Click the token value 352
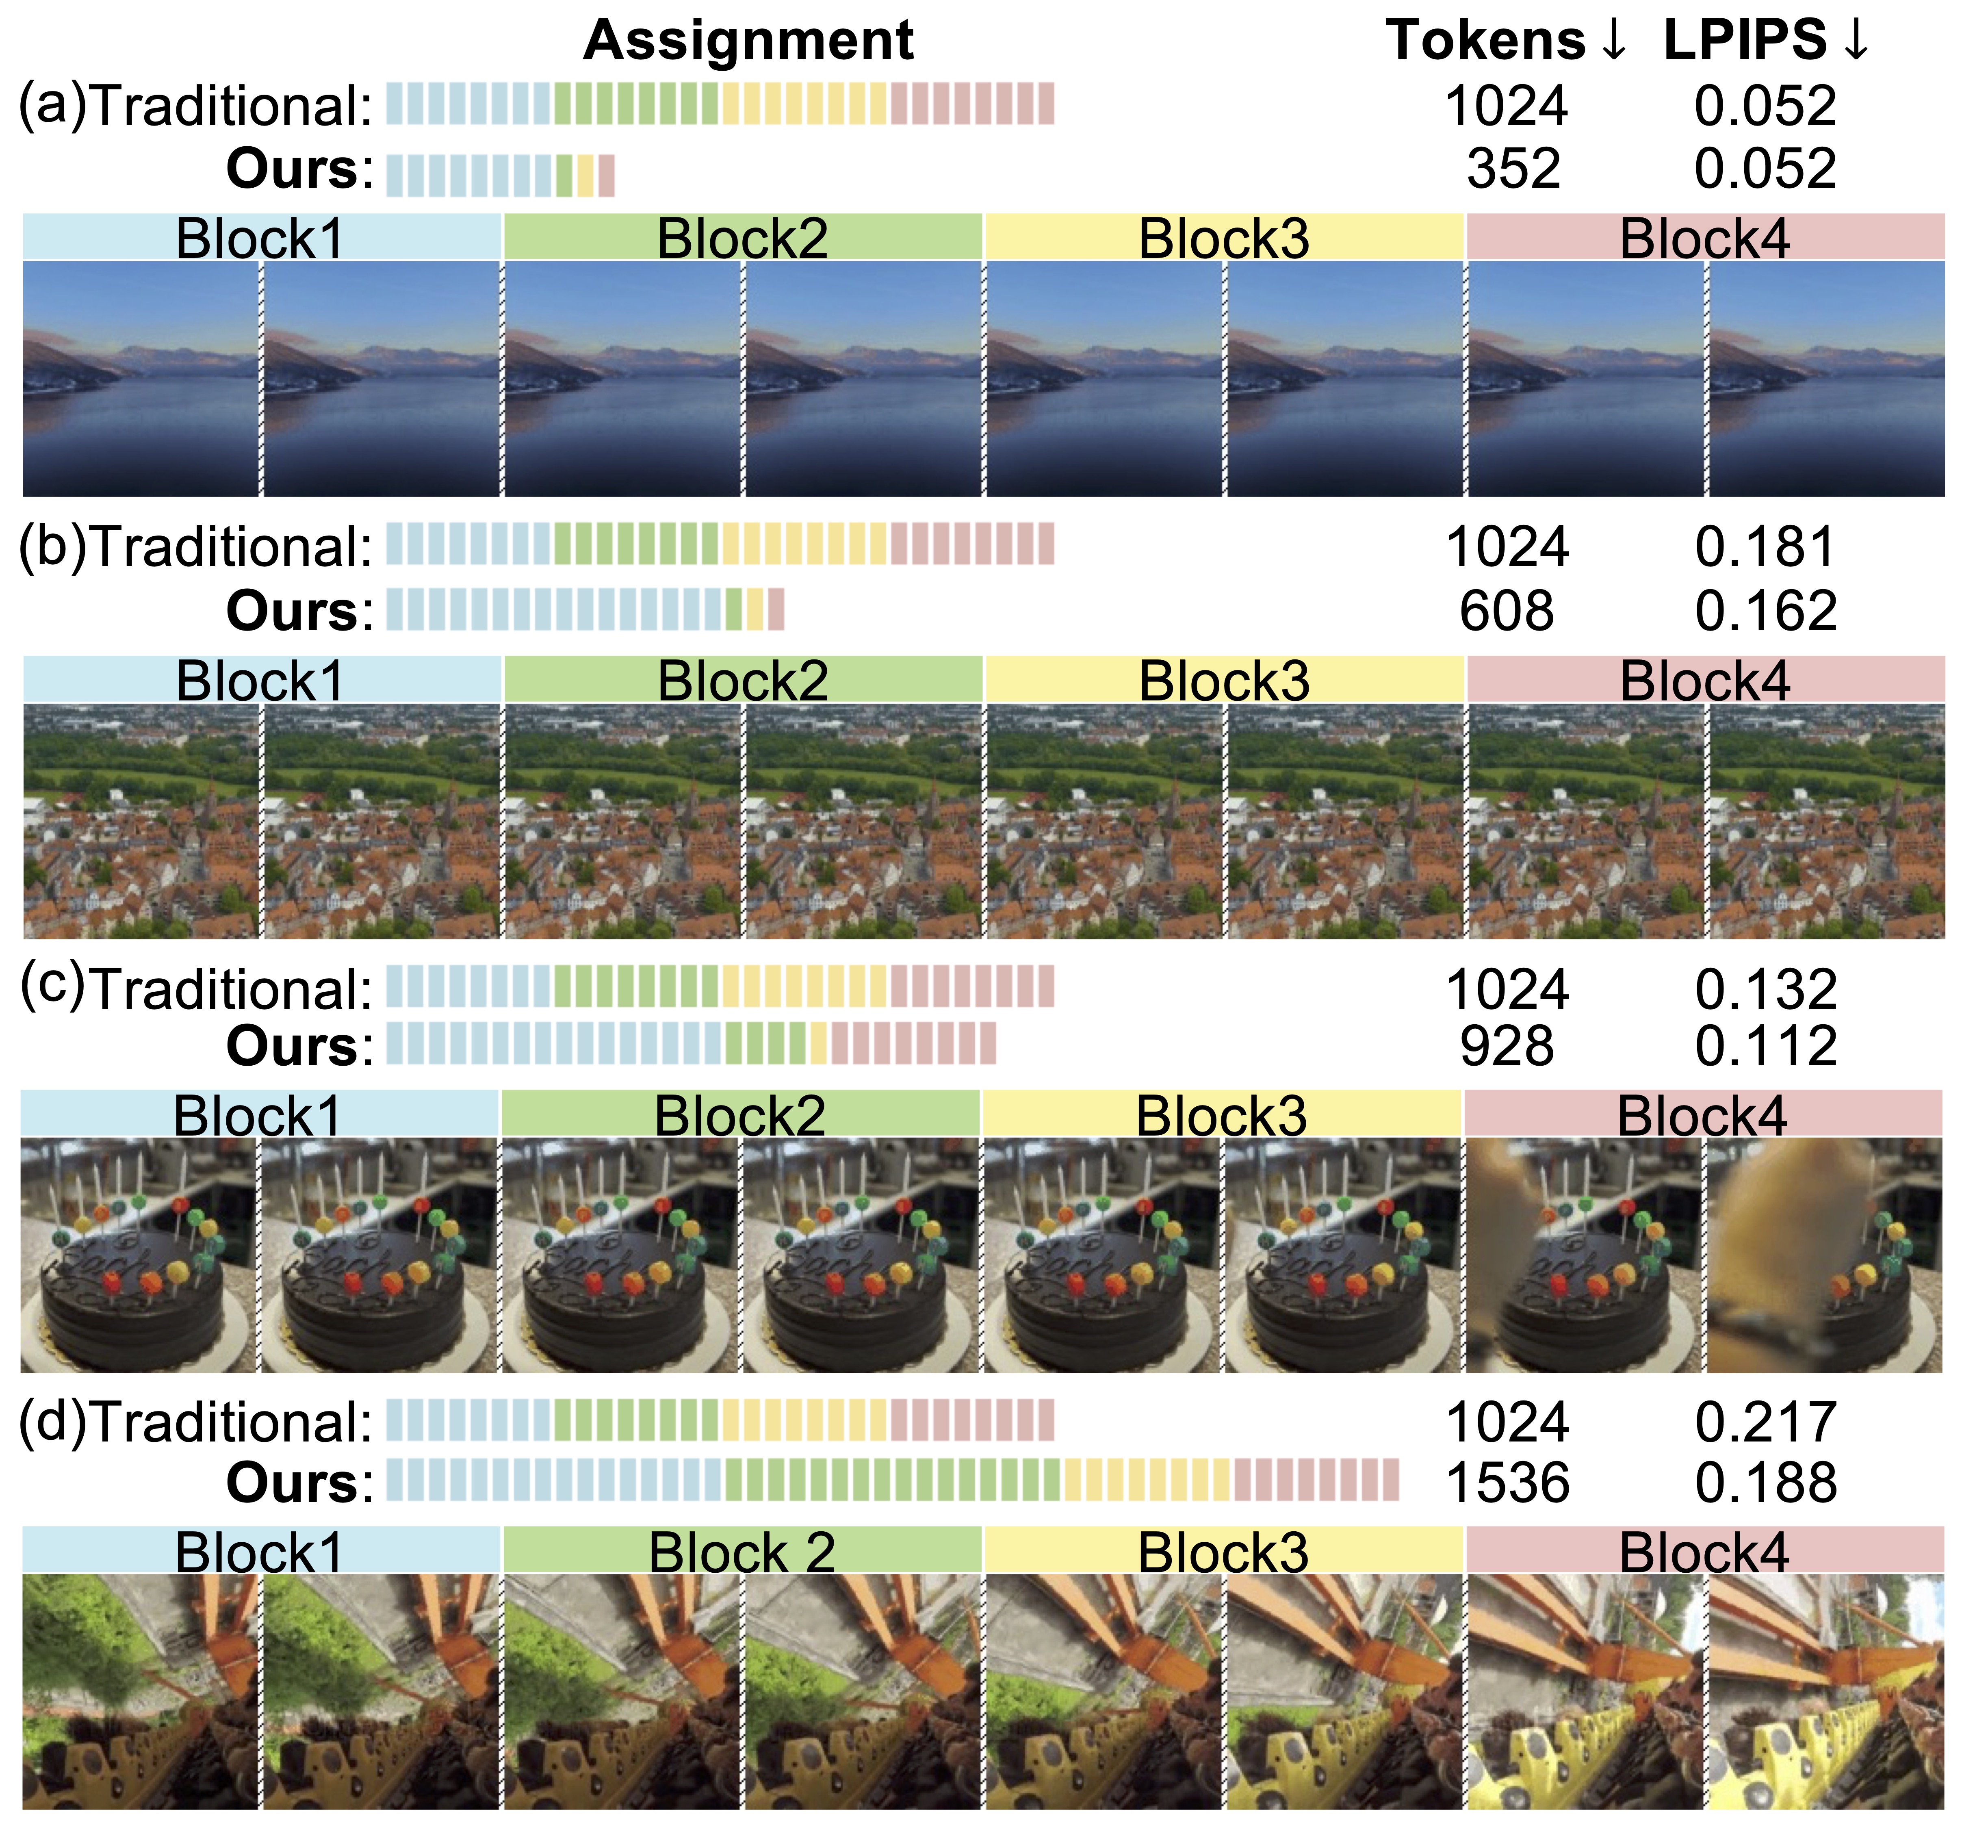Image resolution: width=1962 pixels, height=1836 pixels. pyautogui.click(x=1513, y=169)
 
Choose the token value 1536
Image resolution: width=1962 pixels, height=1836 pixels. pyautogui.click(x=1507, y=1483)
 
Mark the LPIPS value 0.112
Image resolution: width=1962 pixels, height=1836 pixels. pyautogui.click(x=1766, y=1045)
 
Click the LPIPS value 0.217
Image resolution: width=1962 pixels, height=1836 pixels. pyautogui.click(x=1766, y=1422)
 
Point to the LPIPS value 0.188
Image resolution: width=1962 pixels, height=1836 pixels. pyautogui.click(x=1766, y=1483)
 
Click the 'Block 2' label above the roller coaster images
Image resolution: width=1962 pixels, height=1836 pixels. pyautogui.click(x=742, y=1553)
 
